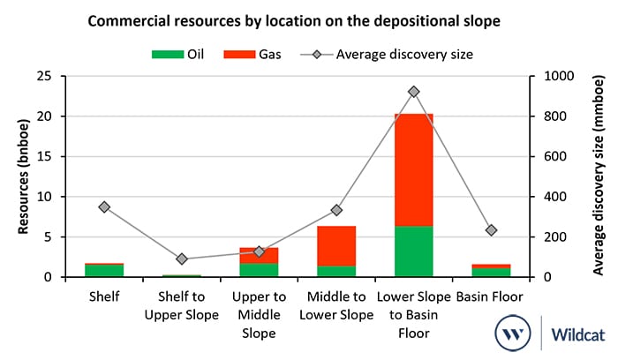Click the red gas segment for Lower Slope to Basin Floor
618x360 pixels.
coord(413,169)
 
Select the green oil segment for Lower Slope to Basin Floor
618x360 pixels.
coord(413,251)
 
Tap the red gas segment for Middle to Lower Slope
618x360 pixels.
coord(336,246)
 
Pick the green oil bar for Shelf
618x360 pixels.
coord(104,271)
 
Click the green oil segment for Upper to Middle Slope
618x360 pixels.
coord(259,270)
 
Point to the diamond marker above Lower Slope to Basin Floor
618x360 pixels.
coord(413,92)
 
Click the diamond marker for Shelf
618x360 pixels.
coord(104,207)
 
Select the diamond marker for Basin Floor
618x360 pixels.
coord(491,230)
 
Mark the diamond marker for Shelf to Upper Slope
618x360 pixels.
coord(182,259)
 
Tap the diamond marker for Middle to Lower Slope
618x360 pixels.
coord(336,210)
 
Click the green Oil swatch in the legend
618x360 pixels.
coord(168,55)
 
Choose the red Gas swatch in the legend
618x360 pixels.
coord(239,55)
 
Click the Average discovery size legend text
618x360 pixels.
coord(404,55)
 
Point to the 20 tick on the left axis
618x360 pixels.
coord(44,116)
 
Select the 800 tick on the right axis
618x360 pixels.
coord(555,116)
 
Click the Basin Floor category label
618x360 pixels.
coord(489,296)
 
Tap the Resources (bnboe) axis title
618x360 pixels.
coord(24,176)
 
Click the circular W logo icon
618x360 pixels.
coord(513,333)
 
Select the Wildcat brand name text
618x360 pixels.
coord(577,334)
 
